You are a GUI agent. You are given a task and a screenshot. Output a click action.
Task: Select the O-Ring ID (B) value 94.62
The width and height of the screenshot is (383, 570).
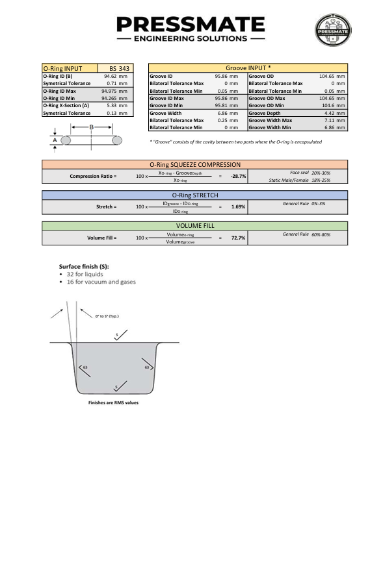pyautogui.click(x=111, y=76)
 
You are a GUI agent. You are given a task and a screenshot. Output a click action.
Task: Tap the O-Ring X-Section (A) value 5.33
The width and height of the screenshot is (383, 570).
pyautogui.click(x=111, y=105)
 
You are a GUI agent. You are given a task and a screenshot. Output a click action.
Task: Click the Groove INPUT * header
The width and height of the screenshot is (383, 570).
pyautogui.click(x=248, y=68)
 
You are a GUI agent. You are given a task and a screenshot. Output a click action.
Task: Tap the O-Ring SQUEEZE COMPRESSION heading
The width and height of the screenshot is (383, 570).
pyautogui.click(x=194, y=165)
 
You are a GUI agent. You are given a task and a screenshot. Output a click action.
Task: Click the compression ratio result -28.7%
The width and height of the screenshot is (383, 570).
pyautogui.click(x=238, y=177)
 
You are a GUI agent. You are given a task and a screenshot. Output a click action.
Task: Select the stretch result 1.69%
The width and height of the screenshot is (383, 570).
pyautogui.click(x=238, y=207)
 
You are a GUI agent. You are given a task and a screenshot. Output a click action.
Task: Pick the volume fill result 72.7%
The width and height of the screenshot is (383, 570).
pyautogui.click(x=238, y=238)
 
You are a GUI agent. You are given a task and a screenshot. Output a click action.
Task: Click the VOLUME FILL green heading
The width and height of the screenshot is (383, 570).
pyautogui.click(x=194, y=226)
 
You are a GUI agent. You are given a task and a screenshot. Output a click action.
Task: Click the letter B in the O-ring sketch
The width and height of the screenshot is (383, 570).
pyautogui.click(x=92, y=127)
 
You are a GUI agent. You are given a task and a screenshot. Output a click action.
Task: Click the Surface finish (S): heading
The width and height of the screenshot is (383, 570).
pyautogui.click(x=84, y=266)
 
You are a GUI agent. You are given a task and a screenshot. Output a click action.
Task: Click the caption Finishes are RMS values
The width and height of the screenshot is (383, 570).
pyautogui.click(x=112, y=403)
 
